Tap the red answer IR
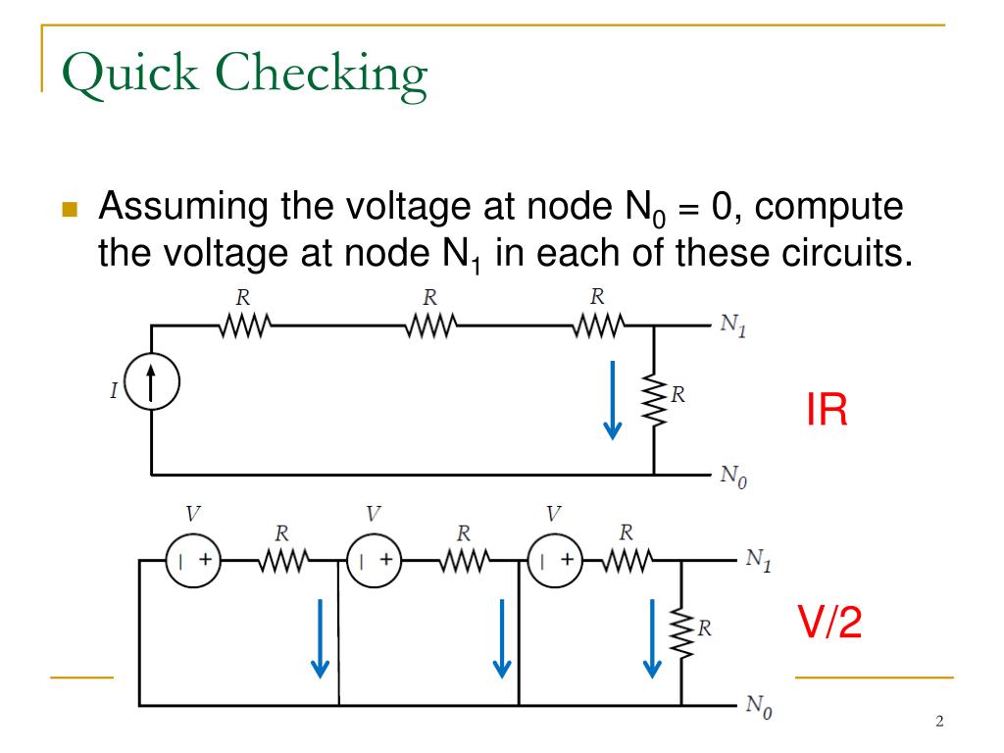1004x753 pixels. (x=827, y=411)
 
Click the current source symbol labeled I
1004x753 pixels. (x=151, y=390)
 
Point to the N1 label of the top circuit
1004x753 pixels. (x=732, y=326)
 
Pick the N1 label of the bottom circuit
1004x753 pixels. (x=758, y=561)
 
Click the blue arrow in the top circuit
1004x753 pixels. (x=613, y=399)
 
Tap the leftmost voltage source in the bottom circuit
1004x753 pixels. (x=193, y=561)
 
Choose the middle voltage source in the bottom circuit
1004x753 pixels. (x=375, y=561)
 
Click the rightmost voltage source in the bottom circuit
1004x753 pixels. (x=555, y=561)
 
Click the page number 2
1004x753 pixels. (x=939, y=723)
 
